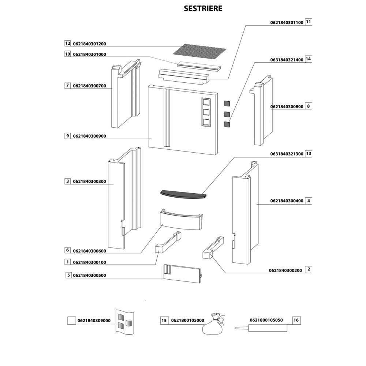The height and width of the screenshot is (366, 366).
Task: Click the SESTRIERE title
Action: tap(203, 8)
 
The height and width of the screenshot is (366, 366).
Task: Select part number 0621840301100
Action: tap(287, 22)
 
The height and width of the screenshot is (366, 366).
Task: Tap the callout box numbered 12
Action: tap(67, 43)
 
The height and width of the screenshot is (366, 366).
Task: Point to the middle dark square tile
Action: tap(227, 114)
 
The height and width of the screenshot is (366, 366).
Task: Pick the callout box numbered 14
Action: tap(308, 59)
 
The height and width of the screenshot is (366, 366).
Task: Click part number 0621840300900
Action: tap(90, 136)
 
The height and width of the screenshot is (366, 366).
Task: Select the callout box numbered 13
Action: tap(308, 154)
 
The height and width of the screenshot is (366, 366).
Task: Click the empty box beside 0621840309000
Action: tap(72, 321)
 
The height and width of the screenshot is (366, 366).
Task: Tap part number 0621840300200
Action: tap(285, 270)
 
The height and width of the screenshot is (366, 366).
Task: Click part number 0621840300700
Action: tap(90, 86)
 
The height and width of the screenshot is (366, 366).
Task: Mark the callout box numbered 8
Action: tap(308, 107)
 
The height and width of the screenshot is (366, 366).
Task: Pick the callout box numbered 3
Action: tap(67, 181)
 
